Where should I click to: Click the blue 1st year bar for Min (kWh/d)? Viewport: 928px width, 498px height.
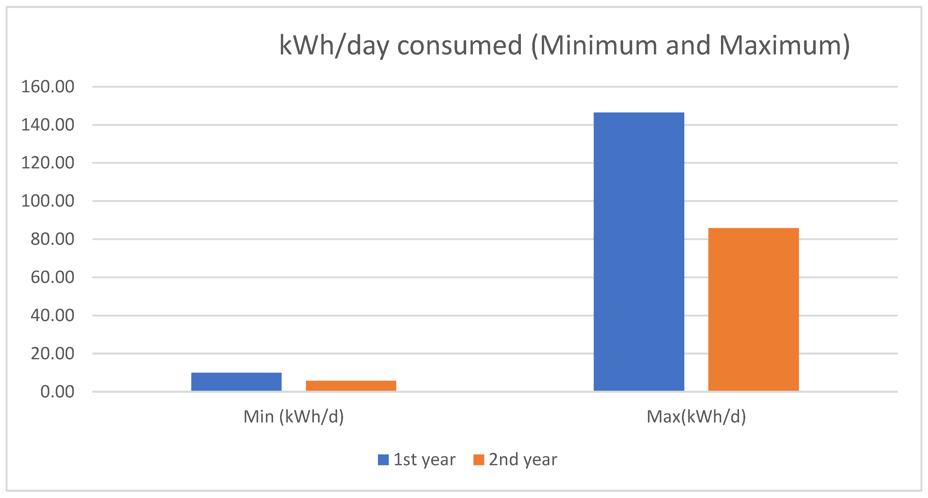point(236,382)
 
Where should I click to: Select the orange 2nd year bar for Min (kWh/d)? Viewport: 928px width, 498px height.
point(351,386)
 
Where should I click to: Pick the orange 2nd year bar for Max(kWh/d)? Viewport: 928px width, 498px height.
point(753,309)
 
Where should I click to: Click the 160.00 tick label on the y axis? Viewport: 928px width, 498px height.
point(47,87)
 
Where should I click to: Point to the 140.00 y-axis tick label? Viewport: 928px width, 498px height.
point(47,125)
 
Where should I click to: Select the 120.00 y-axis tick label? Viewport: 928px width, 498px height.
point(47,163)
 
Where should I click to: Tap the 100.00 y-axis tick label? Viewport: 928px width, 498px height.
point(47,201)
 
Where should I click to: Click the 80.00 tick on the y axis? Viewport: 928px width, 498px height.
point(52,239)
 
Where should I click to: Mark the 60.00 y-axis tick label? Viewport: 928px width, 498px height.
point(52,277)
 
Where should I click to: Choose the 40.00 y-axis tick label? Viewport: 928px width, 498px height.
point(52,315)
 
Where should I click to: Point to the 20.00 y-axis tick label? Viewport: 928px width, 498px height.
point(52,353)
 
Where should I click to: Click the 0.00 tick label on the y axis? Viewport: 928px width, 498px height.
point(57,391)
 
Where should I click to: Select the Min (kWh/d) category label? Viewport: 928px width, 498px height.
point(294,417)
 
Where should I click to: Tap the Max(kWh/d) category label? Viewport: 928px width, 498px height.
point(696,417)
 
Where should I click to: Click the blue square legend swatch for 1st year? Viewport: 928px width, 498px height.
point(383,460)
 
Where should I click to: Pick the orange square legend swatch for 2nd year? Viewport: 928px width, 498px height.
point(478,460)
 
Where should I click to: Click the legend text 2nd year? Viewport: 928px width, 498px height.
point(523,460)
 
